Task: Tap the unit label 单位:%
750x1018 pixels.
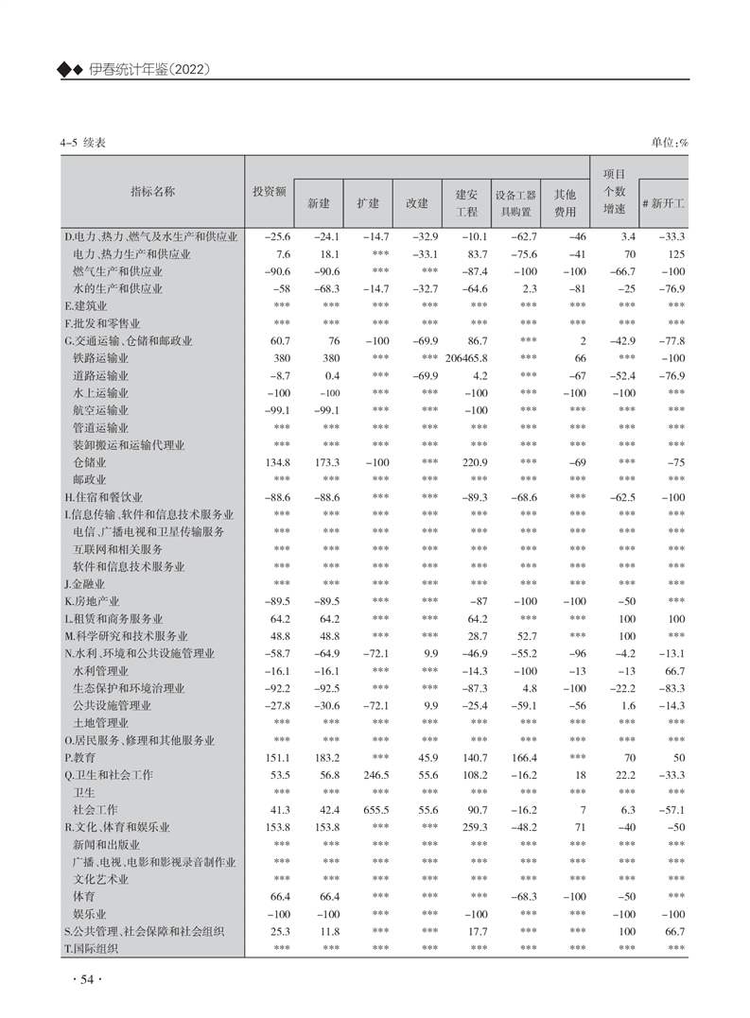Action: (669, 142)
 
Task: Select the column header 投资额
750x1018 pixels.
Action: (269, 191)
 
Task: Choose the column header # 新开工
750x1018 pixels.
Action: (663, 202)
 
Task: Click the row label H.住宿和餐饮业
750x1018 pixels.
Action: (104, 497)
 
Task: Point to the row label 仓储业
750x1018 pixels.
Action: (90, 463)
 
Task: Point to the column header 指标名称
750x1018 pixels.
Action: (152, 191)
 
